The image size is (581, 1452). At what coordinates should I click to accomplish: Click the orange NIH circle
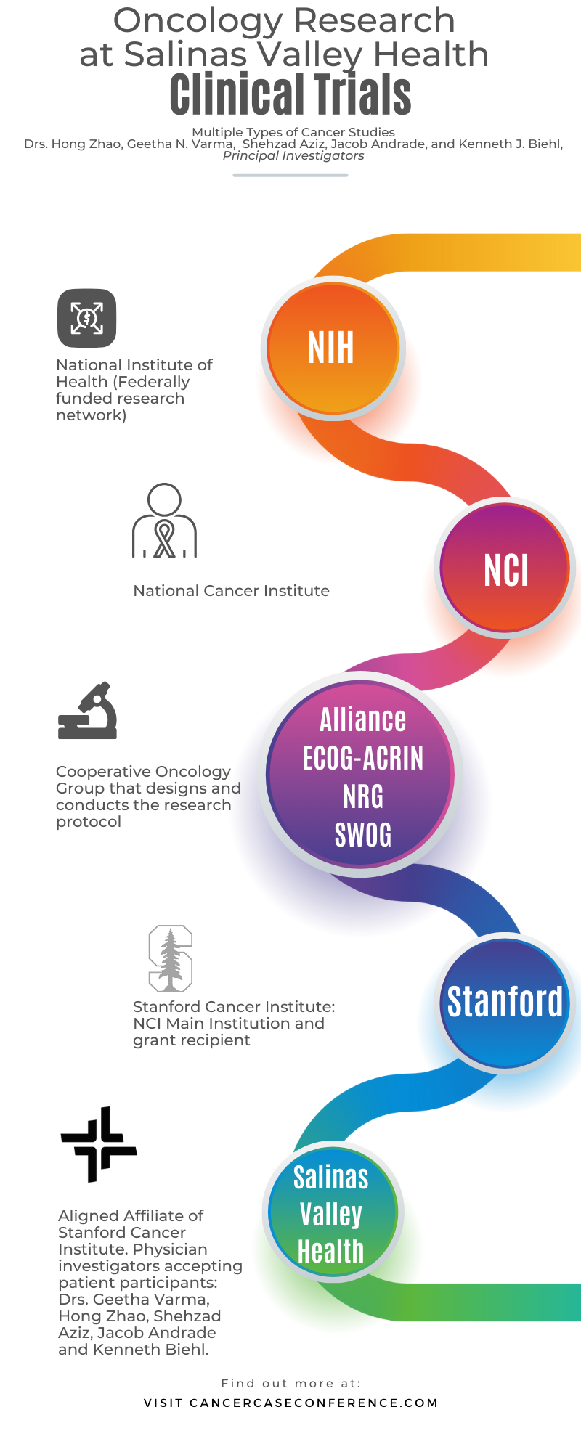coord(332,348)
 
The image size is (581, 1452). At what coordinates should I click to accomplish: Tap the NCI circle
coord(505,569)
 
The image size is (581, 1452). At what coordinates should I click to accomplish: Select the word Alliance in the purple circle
coord(362,720)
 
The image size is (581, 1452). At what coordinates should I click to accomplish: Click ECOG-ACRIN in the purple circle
coord(362,759)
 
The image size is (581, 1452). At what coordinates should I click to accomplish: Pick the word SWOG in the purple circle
coord(362,836)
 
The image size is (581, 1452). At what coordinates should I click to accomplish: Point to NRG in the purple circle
coord(362,797)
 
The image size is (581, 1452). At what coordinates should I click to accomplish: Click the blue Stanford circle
coord(505,1003)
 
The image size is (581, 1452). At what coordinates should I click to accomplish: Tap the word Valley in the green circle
coord(330,1214)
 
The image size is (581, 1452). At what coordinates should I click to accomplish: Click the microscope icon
coord(88,711)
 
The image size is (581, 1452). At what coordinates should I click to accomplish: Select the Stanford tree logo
coord(171,958)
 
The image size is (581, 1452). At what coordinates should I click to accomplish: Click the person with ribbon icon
coord(165,521)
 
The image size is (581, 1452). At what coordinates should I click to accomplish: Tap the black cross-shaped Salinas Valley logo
coord(98,1144)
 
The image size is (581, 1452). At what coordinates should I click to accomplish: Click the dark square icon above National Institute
coord(87,318)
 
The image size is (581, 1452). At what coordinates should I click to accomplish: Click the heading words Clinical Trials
coord(290,96)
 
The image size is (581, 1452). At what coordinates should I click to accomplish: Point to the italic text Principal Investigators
coord(293,156)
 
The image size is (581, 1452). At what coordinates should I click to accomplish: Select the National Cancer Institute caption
coord(231,591)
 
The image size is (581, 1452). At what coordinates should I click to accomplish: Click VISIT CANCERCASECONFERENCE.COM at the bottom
coord(290,1403)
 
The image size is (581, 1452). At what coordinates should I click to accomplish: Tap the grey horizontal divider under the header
coord(290,175)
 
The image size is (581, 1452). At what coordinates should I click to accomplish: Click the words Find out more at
coord(290,1383)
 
